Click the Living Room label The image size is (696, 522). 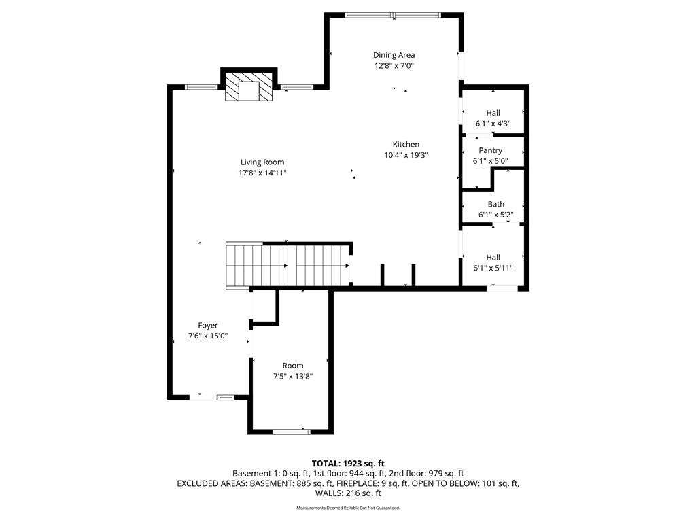coord(262,162)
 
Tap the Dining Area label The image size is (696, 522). coord(394,55)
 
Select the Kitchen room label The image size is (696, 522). coord(406,144)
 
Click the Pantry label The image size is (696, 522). coord(491,150)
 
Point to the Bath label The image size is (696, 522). coord(495,204)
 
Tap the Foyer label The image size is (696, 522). coord(208,326)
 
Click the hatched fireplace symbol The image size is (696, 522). coord(249,86)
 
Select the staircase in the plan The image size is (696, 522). coord(288,266)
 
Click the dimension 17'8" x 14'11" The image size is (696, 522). coord(262,173)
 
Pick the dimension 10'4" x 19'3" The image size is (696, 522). coord(406,155)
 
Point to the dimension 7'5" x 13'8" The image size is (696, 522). coord(293,377)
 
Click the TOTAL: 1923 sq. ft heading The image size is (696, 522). coord(348,464)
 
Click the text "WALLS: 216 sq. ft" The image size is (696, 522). coord(348,493)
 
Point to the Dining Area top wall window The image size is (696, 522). coord(393,15)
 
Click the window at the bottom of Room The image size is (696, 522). coord(291,431)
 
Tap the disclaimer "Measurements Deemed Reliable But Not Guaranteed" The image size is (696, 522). coord(348,508)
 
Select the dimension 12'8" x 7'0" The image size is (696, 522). coord(394,66)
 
